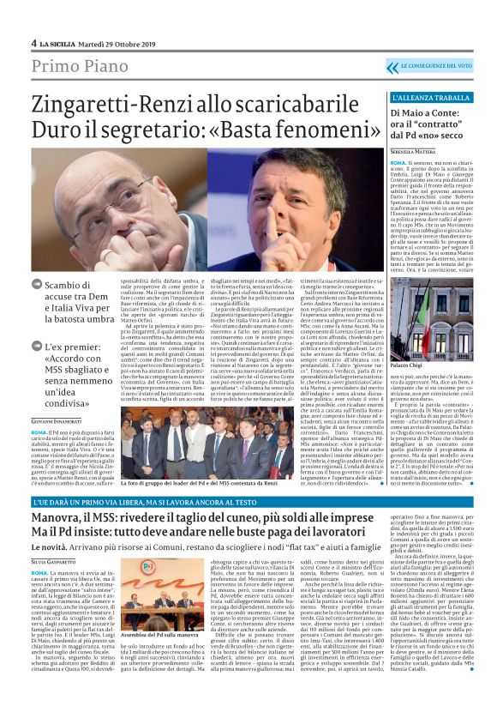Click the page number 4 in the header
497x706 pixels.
pyautogui.click(x=34, y=43)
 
